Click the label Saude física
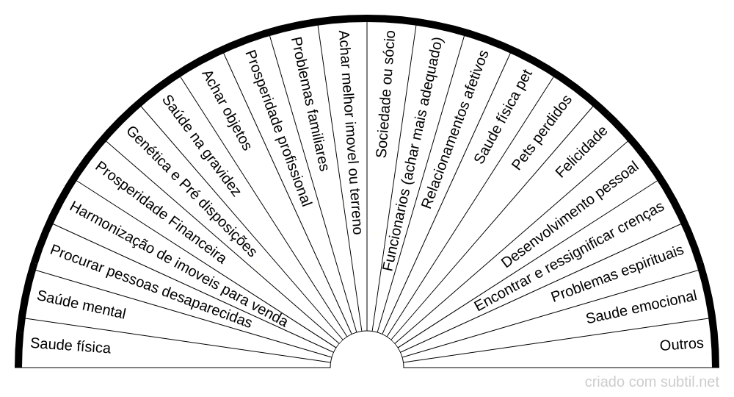click(x=70, y=346)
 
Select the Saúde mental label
click(x=81, y=304)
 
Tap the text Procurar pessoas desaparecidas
click(x=150, y=287)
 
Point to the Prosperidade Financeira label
click(x=160, y=212)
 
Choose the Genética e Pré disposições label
click(x=191, y=192)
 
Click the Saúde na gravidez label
click(x=201, y=146)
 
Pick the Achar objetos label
click(x=226, y=110)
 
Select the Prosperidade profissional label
click(x=278, y=129)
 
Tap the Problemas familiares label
click(x=310, y=104)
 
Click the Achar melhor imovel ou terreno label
click(x=350, y=132)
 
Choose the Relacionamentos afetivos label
click(x=454, y=129)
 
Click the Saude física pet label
click(x=504, y=117)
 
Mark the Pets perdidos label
click(x=541, y=132)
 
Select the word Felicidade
click(x=581, y=152)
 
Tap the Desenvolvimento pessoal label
click(x=570, y=214)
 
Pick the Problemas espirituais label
click(x=617, y=273)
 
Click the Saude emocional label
click(x=642, y=307)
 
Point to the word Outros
click(x=682, y=345)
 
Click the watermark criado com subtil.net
click(x=652, y=382)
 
